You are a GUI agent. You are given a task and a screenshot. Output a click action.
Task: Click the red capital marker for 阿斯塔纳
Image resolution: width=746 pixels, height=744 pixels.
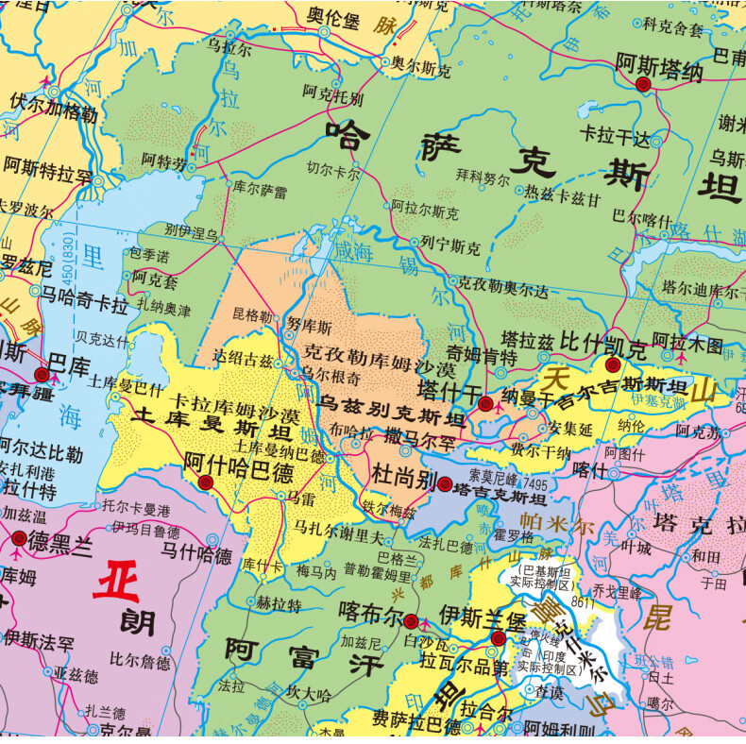tap(644, 85)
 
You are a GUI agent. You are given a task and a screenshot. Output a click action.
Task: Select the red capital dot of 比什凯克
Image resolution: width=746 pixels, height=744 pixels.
tap(611, 364)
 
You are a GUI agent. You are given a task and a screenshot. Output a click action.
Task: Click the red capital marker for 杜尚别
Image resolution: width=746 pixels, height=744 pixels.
tap(445, 485)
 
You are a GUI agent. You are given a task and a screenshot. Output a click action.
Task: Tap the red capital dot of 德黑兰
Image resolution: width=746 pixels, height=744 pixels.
tap(20, 539)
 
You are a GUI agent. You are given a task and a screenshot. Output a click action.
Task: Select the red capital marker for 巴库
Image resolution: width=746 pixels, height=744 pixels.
tap(42, 376)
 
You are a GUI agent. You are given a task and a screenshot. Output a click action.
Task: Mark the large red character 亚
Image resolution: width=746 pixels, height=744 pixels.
tap(116, 579)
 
